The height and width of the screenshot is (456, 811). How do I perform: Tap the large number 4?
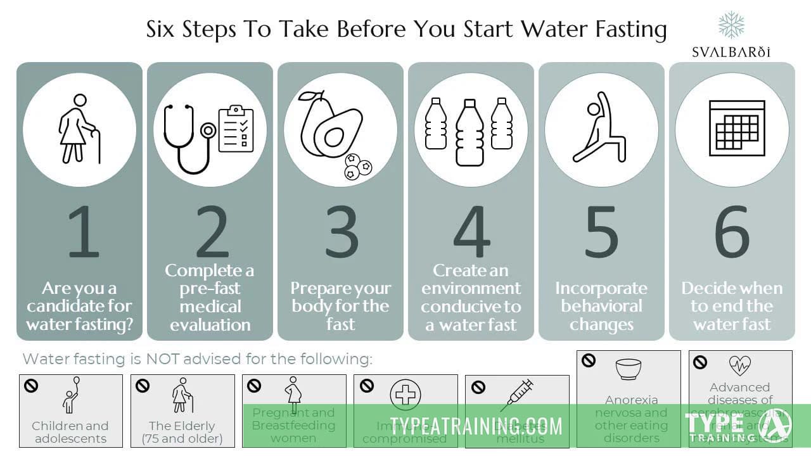(472, 231)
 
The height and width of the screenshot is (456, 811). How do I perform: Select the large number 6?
(732, 231)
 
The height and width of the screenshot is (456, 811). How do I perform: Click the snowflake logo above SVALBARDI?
(731, 25)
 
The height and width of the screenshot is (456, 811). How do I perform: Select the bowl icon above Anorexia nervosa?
(629, 369)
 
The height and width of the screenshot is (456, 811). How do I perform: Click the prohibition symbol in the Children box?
(30, 385)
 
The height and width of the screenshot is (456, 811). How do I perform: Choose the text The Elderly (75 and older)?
(182, 432)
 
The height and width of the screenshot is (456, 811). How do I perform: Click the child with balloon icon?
(71, 396)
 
